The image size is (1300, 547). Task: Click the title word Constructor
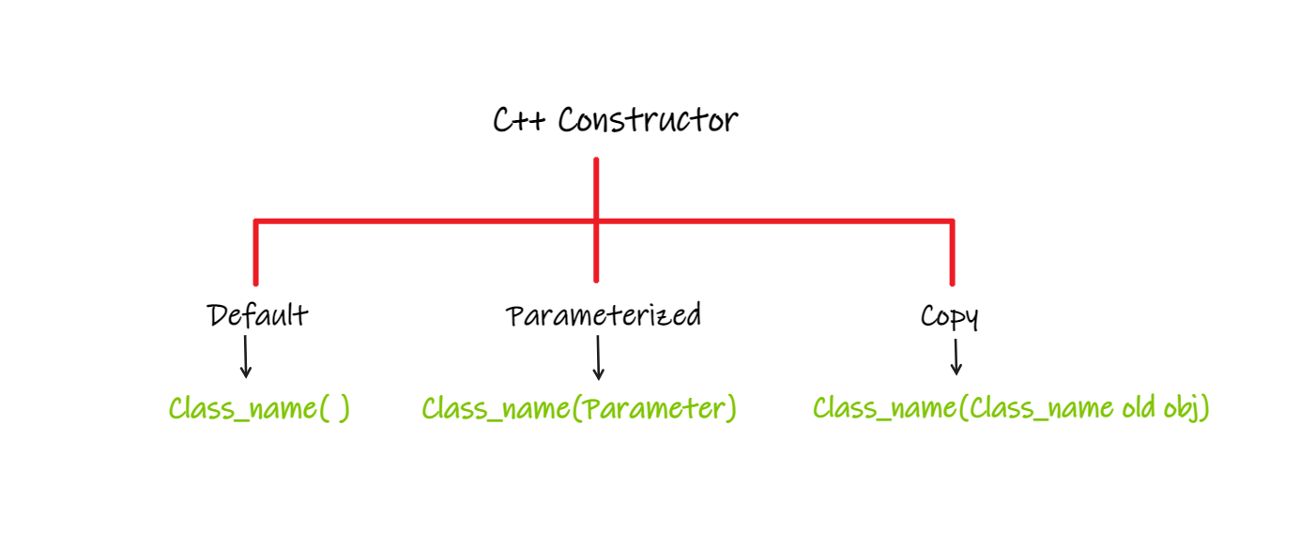tap(648, 121)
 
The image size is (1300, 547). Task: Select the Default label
tap(257, 315)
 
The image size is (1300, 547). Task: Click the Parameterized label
tap(604, 315)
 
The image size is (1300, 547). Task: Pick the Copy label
tap(949, 317)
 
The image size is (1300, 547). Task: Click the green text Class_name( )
tap(259, 409)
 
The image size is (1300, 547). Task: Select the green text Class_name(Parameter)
tap(579, 409)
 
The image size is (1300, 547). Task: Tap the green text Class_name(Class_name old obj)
tap(1011, 409)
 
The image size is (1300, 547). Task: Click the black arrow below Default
tap(246, 357)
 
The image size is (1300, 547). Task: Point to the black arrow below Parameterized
tap(598, 357)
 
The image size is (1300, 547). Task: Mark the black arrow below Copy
tap(956, 357)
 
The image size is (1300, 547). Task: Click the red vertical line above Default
tap(255, 253)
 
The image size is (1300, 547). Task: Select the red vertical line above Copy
tap(952, 253)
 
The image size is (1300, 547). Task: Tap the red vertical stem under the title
tap(596, 188)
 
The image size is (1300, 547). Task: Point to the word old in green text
tap(1140, 409)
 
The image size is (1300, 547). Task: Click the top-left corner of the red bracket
tap(255, 221)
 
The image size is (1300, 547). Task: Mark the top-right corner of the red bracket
tap(952, 221)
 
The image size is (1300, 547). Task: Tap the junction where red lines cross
tap(596, 221)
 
